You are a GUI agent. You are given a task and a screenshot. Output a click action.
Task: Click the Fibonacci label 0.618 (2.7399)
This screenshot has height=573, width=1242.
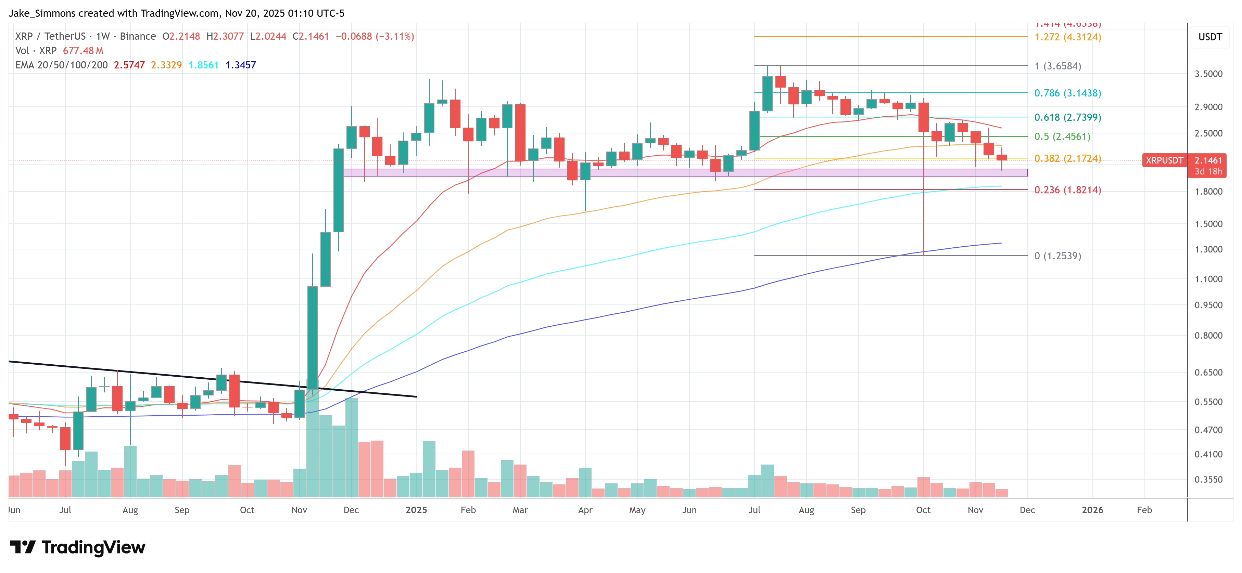[1067, 117]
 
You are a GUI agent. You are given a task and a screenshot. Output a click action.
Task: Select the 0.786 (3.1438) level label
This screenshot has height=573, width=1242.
[1067, 93]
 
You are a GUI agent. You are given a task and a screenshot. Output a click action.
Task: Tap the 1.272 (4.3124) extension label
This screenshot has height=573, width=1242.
[1067, 37]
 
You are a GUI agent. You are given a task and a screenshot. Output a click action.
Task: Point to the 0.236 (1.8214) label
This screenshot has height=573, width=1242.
[1067, 190]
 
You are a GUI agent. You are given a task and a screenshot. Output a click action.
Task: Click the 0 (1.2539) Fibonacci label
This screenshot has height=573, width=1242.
[1057, 256]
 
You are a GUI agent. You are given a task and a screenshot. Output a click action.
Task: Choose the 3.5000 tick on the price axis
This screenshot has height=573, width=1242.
[1208, 74]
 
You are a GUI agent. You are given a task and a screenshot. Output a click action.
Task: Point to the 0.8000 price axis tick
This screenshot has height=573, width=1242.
[1208, 335]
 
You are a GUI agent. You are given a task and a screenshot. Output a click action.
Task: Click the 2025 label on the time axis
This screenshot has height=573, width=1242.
[416, 510]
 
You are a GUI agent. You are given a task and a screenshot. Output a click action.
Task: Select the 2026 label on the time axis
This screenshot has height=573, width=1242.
[1092, 510]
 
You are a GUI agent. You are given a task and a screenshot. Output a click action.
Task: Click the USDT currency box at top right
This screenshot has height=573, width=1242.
[1210, 37]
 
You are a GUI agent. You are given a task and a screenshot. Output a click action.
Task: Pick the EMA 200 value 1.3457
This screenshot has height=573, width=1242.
[241, 65]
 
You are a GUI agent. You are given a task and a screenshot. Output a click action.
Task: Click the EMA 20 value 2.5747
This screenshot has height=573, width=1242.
[129, 65]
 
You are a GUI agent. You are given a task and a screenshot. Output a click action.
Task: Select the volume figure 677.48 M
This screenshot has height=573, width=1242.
[83, 51]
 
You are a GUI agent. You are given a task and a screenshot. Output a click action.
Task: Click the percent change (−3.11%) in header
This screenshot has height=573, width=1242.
[395, 37]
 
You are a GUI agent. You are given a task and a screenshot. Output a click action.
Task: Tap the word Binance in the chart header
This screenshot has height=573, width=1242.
[138, 37]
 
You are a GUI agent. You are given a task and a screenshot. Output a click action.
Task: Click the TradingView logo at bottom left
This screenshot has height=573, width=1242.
[77, 547]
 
